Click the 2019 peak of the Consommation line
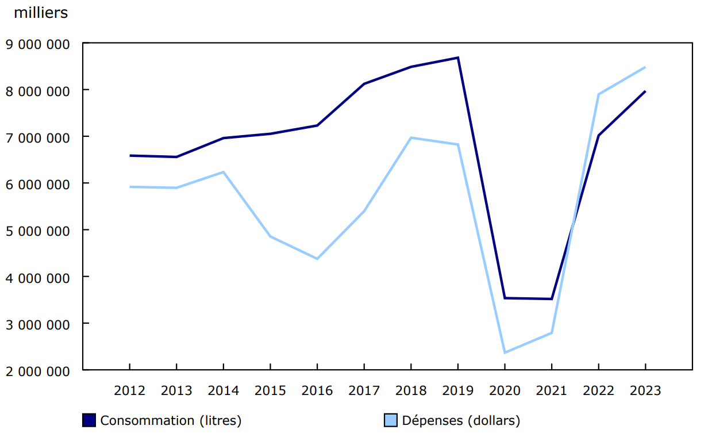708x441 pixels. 457,57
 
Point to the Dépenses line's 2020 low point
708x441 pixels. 505,352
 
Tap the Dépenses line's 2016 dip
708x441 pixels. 317,259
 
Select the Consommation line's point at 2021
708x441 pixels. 552,299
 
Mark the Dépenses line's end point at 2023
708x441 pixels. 645,67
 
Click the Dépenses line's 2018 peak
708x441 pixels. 411,137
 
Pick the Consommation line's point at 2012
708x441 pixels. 130,155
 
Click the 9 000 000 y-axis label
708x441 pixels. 37,44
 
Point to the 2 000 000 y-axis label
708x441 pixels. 37,371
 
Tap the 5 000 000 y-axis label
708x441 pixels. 37,231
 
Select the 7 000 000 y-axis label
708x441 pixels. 37,137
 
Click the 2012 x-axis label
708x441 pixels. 130,391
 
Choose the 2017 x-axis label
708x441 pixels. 364,391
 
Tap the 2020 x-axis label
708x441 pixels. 505,391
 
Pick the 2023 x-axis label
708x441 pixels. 645,391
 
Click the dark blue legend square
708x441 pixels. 89,420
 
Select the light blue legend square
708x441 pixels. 390,420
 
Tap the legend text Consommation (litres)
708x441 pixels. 171,420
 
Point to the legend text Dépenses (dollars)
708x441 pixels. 461,420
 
